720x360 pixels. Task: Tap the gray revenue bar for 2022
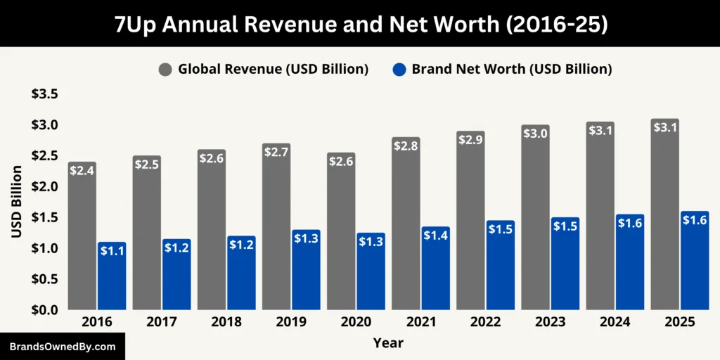pos(470,225)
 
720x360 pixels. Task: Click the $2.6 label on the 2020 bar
pos(341,161)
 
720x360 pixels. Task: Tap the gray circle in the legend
pos(165,70)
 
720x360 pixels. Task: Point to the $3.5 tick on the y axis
pos(44,94)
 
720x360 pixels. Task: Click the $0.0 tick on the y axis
pos(44,309)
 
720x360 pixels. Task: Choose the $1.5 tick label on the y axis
pos(44,217)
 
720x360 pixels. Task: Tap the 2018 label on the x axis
pos(226,322)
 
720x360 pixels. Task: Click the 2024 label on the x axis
pos(615,322)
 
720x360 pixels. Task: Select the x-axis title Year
pos(388,343)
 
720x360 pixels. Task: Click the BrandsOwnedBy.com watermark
pos(62,347)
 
